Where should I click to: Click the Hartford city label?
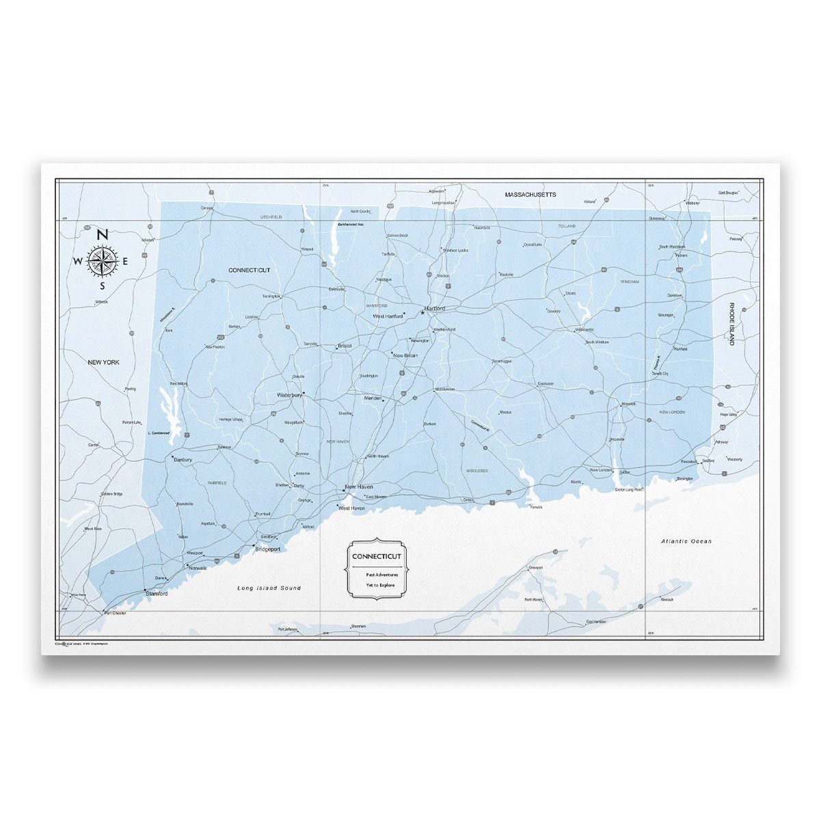coord(435,309)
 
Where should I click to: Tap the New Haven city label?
coord(359,487)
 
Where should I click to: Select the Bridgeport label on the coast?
coord(267,549)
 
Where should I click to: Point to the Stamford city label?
coord(157,594)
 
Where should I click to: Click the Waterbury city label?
coord(289,395)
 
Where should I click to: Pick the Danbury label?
coord(183,460)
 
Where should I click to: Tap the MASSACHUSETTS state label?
coord(530,195)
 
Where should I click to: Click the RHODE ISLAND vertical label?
coord(731,324)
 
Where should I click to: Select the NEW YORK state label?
coord(103,362)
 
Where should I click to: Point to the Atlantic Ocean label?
coord(686,541)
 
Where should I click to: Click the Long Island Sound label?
coord(269,588)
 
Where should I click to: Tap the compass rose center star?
coord(103,261)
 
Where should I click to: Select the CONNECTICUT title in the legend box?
coord(377,556)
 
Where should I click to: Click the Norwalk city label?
coord(198,569)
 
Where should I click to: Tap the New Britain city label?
coord(405,355)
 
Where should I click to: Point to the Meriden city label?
coord(373,398)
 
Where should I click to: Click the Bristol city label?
coord(345,346)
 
